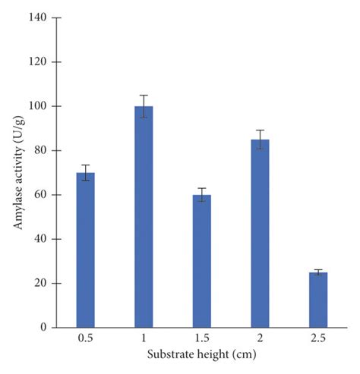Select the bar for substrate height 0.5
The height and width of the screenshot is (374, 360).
[85, 250]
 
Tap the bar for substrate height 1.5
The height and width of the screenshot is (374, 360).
[201, 261]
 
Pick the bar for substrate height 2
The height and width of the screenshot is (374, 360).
[260, 234]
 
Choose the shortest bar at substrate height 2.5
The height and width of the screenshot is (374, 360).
[318, 300]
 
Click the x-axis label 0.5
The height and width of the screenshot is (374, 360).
[85, 341]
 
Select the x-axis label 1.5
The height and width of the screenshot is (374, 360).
[201, 341]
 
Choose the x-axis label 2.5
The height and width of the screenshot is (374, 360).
[318, 341]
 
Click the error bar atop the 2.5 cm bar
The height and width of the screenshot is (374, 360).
[318, 272]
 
